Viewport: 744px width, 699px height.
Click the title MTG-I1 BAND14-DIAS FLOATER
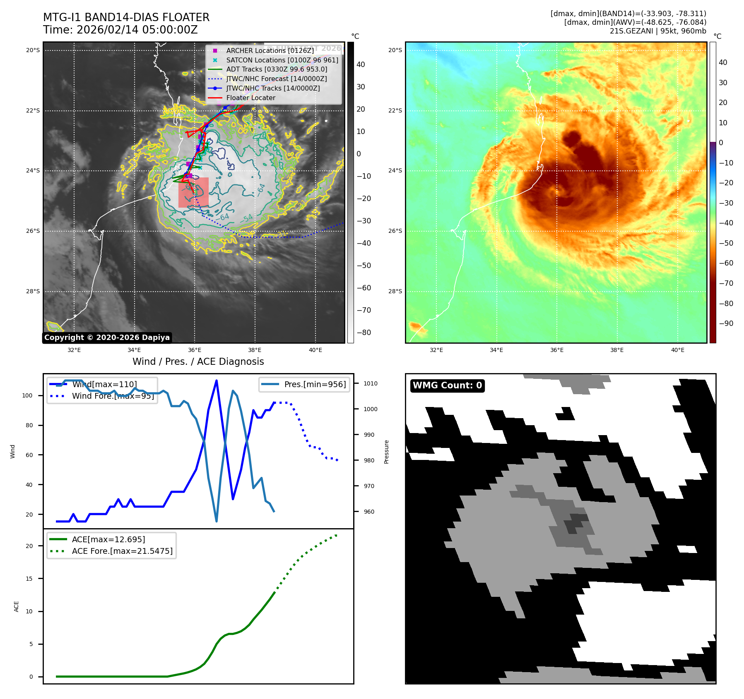pos(126,17)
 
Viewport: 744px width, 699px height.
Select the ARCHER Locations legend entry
pos(270,50)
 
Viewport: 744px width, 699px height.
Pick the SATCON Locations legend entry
pos(282,60)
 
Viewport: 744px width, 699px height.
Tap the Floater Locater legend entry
pos(250,98)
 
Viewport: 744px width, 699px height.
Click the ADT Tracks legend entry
pos(277,69)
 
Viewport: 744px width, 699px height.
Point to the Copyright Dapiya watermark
pos(107,338)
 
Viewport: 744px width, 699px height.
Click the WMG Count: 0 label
pos(447,385)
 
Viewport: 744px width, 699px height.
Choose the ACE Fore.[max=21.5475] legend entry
pos(122,551)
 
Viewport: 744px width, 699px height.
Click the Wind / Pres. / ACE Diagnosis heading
pos(198,361)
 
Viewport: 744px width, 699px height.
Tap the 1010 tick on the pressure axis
pos(371,383)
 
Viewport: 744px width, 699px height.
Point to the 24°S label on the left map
pos(33,170)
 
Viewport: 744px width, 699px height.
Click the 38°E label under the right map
pos(617,350)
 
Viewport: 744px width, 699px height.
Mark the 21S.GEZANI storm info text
pos(658,31)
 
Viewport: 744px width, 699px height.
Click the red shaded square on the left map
pos(193,192)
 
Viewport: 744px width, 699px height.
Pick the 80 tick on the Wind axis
pos(29,425)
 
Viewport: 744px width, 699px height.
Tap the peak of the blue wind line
pos(217,381)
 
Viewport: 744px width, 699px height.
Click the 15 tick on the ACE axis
pos(29,579)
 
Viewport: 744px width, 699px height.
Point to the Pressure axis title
pos(386,452)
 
